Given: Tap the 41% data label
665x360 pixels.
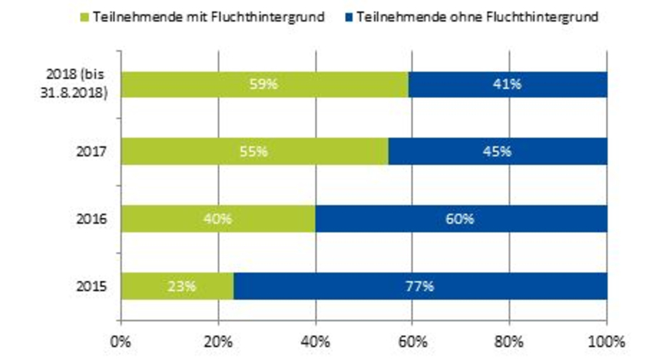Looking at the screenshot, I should pos(507,84).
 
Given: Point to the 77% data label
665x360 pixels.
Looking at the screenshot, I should pos(420,287).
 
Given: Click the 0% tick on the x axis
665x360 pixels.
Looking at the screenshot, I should pos(121,341).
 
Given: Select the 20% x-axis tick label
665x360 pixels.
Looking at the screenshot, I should pos(218,341).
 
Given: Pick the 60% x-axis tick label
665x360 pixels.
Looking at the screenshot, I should pos(412,341).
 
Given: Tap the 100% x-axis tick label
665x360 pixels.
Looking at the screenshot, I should pos(606,341).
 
